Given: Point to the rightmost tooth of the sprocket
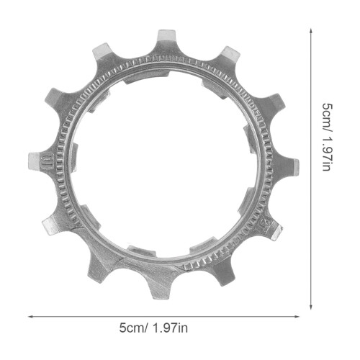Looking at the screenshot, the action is (286, 166).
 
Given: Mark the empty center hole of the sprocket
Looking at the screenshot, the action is (166, 166).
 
